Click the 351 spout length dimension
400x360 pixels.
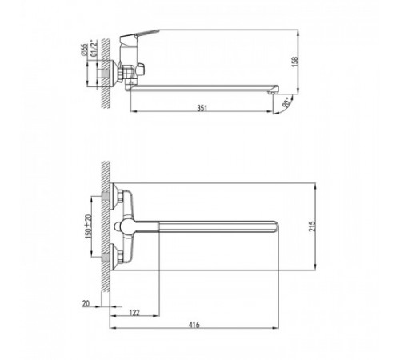202,108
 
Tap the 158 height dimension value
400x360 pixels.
295,62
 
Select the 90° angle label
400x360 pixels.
287,102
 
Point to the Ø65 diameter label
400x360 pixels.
84,50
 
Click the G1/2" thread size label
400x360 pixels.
94,49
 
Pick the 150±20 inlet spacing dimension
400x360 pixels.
88,226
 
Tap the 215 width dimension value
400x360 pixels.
312,226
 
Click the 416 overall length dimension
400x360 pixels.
194,325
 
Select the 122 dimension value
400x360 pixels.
134,313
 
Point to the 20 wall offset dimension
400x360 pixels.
86,303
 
